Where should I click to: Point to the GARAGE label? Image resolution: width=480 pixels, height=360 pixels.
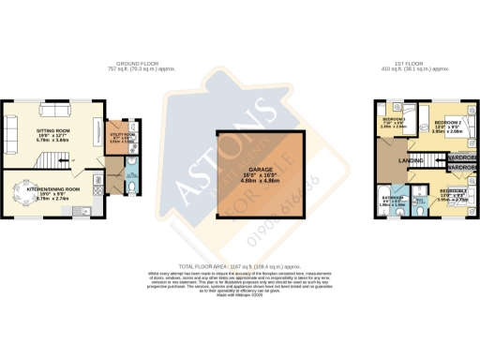click(247, 169)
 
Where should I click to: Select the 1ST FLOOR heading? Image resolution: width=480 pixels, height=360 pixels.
click(418, 64)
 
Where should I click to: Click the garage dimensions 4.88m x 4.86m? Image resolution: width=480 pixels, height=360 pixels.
click(247, 181)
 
